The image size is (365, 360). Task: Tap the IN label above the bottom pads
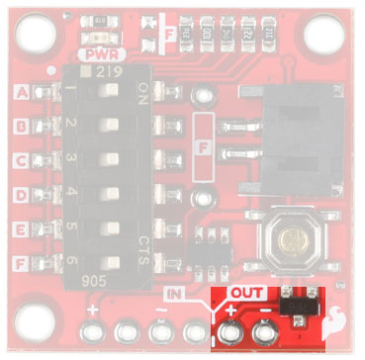tap(173, 294)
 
